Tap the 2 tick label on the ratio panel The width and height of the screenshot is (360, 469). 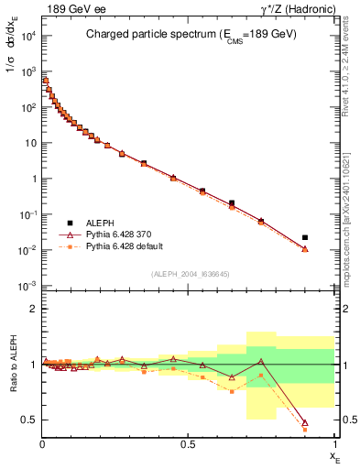(32, 309)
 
